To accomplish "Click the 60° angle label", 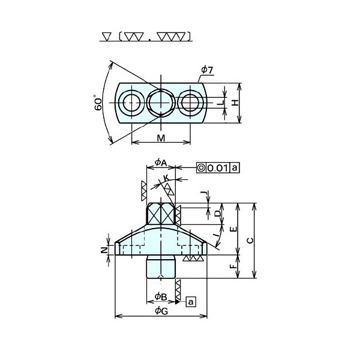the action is tap(98, 103).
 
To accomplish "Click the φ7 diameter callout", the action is tap(207, 70).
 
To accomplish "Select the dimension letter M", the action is tap(161, 138).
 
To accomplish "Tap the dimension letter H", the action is tap(235, 103).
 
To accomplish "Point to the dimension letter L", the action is tap(221, 103).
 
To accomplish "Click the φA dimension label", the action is tap(161, 163).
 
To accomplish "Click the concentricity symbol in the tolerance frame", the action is tap(202, 168).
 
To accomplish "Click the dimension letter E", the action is tap(233, 229).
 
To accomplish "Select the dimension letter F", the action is tap(233, 266).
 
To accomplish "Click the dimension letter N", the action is tap(104, 250).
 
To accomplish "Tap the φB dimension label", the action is tap(161, 297).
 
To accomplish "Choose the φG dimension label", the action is tap(161, 311).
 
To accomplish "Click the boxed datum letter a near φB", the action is tap(191, 302).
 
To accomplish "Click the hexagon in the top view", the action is tap(161, 103).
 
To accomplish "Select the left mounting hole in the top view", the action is tap(132, 103).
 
